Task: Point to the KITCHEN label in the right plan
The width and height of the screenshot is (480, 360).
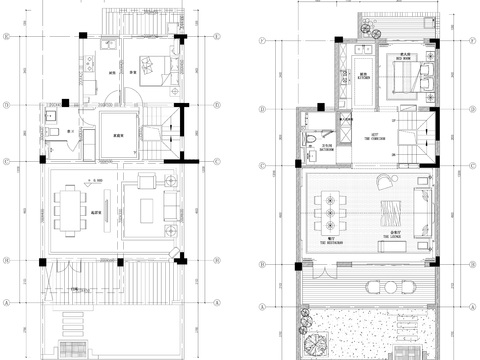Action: click(362, 78)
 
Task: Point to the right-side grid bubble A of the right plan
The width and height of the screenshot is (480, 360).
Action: click(470, 304)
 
